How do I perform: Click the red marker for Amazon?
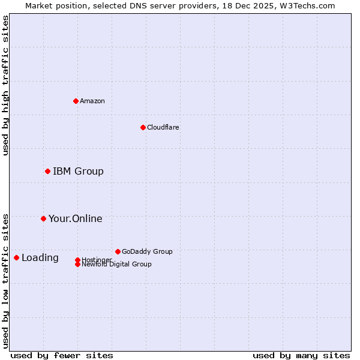click(76, 101)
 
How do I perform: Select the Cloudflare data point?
click(143, 127)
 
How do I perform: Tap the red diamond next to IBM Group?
click(47, 171)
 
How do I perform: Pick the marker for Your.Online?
click(43, 218)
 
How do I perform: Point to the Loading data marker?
click(16, 257)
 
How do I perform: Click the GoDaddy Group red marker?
click(118, 251)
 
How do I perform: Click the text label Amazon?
click(92, 101)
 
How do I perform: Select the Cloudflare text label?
click(163, 127)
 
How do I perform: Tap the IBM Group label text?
click(78, 171)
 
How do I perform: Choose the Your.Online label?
click(75, 218)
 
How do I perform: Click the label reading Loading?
click(40, 258)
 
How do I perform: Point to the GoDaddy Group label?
click(147, 251)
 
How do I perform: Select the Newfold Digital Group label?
click(116, 264)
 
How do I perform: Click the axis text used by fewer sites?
click(62, 355)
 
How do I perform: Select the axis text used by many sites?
click(301, 355)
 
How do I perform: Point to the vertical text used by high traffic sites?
click(5, 85)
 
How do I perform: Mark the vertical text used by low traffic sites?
click(5, 281)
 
